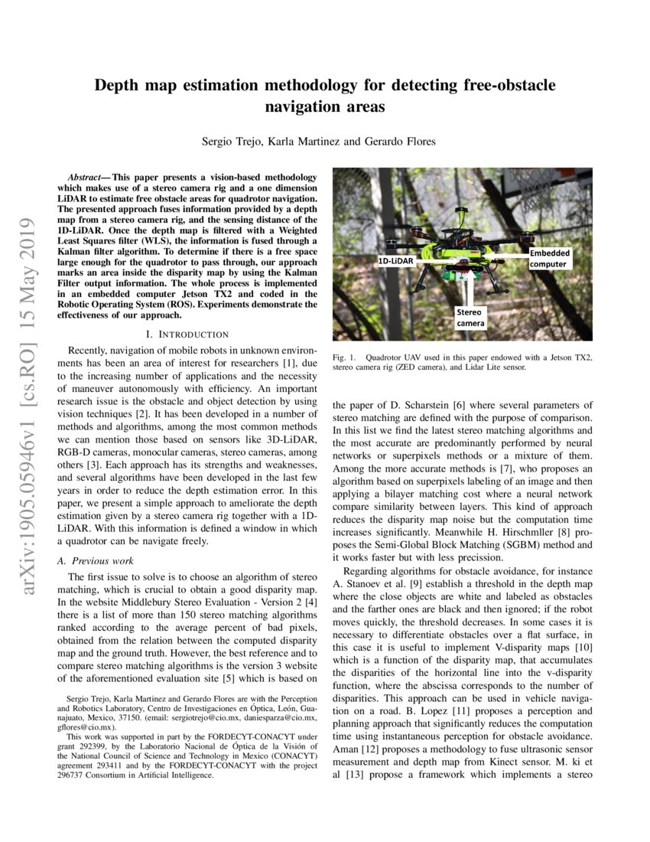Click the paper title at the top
tap(325, 96)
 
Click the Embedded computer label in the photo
tap(549, 259)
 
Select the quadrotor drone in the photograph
tap(459, 245)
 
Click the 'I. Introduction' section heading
tap(187, 335)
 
